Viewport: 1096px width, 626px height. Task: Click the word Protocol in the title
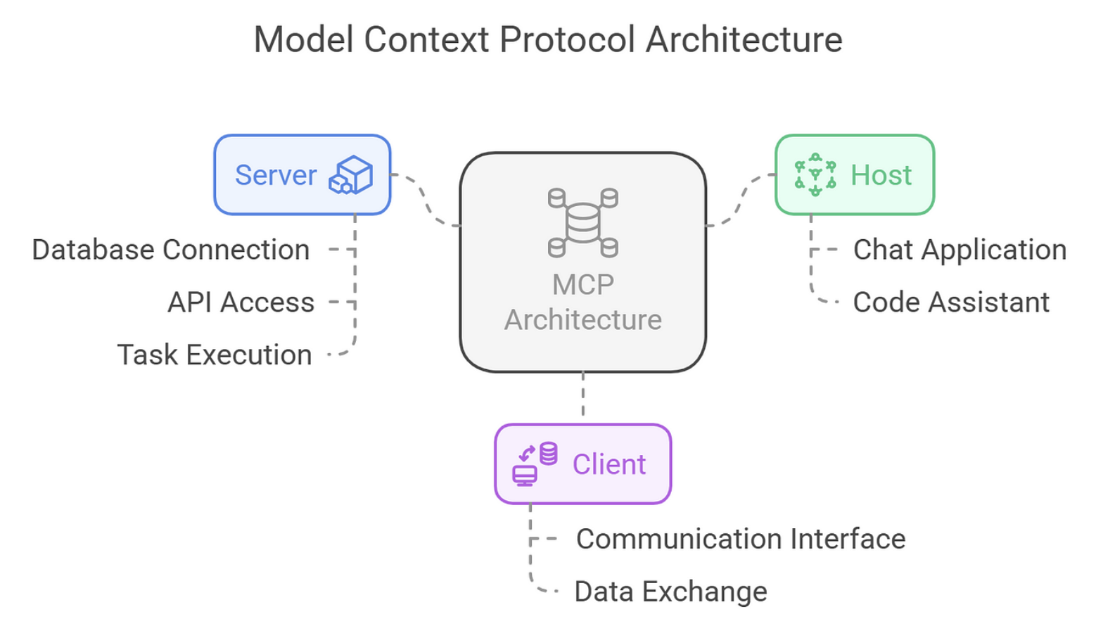pos(567,39)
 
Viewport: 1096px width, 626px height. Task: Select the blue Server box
pos(302,174)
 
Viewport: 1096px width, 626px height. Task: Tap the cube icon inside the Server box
pos(350,175)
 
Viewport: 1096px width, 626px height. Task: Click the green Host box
pos(855,174)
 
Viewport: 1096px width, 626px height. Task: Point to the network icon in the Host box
pos(815,174)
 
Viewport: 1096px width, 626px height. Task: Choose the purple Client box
pos(582,464)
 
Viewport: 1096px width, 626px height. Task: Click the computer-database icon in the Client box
pos(535,464)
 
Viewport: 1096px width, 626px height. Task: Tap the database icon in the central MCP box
pos(582,222)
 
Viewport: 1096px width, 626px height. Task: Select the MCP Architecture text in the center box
pos(582,302)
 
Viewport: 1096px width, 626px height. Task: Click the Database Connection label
pos(171,250)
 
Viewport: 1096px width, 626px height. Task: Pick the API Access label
pos(241,302)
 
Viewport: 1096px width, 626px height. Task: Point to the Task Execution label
pos(214,355)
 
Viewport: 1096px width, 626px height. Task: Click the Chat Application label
pos(960,250)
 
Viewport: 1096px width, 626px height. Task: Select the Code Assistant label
pos(951,302)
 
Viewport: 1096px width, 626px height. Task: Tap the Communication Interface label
pos(740,539)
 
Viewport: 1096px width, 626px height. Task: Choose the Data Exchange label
pos(670,592)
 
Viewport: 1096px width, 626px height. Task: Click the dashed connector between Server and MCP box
pos(425,200)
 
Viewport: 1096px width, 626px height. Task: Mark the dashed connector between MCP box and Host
pos(740,201)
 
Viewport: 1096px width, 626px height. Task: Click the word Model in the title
pos(303,39)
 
